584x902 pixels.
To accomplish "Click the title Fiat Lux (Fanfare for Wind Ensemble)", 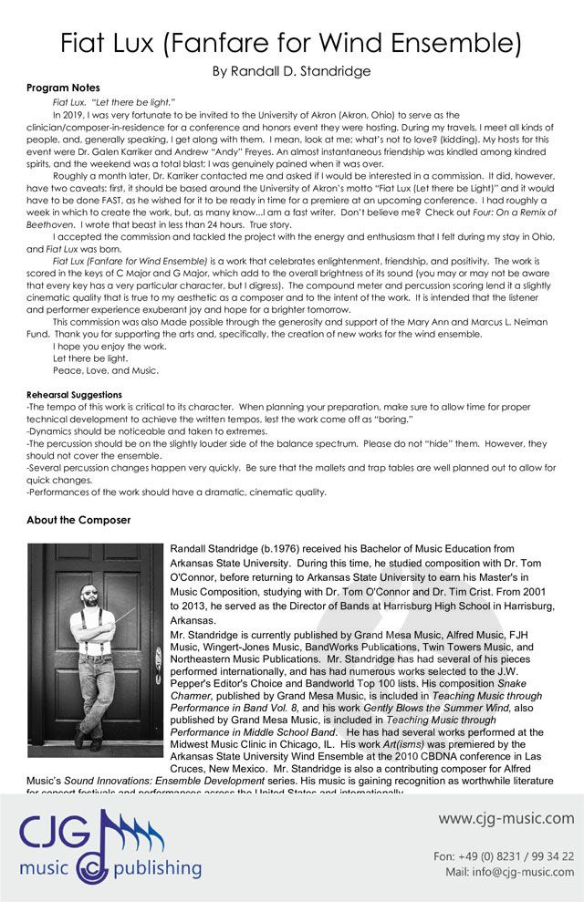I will point(291,42).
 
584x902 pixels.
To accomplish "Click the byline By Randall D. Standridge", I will point(291,70).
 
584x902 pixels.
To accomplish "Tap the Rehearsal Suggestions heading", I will point(75,395).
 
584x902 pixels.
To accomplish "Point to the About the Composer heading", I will point(78,520).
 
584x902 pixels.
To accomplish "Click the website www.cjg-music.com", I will point(506,818).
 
